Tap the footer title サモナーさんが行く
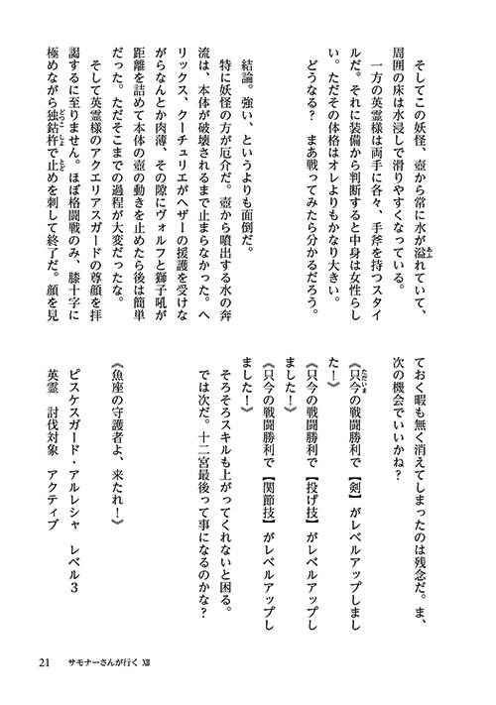(106, 662)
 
